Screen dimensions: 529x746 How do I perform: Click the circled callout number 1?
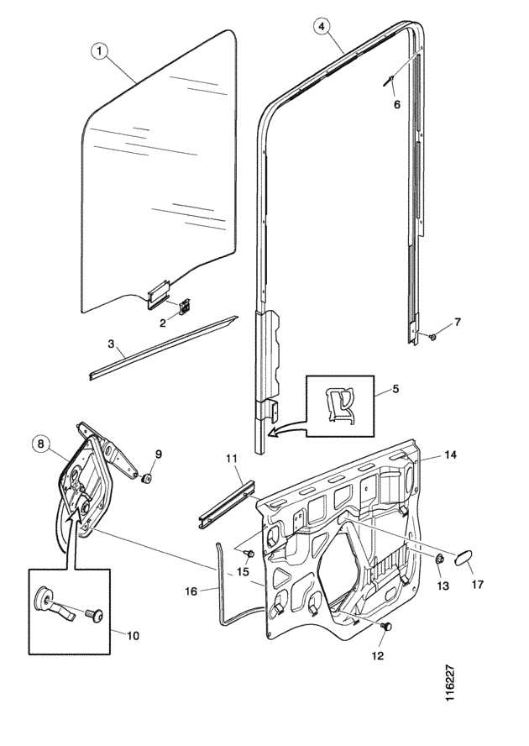[x=99, y=51]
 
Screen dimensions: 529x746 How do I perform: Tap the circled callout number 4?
[x=322, y=27]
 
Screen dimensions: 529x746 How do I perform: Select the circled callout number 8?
[x=40, y=444]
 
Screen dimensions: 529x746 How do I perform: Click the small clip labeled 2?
[x=184, y=307]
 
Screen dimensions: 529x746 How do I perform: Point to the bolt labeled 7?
[x=433, y=337]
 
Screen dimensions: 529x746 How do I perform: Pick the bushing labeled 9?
[x=146, y=477]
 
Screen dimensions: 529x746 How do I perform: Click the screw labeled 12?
[x=387, y=627]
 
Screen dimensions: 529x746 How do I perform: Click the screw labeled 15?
[x=249, y=554]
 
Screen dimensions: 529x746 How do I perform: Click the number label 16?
[x=191, y=591]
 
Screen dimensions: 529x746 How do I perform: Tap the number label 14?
[x=451, y=454]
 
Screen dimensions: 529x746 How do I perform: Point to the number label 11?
[x=232, y=459]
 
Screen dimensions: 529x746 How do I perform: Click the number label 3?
[x=111, y=344]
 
